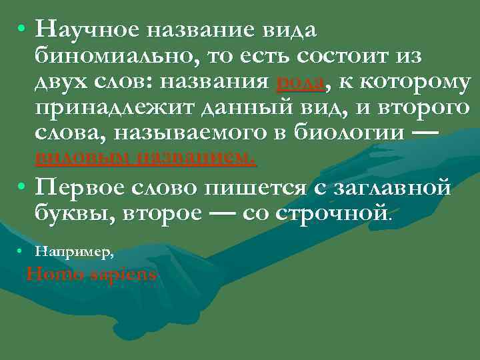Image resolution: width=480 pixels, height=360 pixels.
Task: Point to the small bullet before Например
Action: (22, 251)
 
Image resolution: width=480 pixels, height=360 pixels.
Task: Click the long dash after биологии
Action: (426, 133)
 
